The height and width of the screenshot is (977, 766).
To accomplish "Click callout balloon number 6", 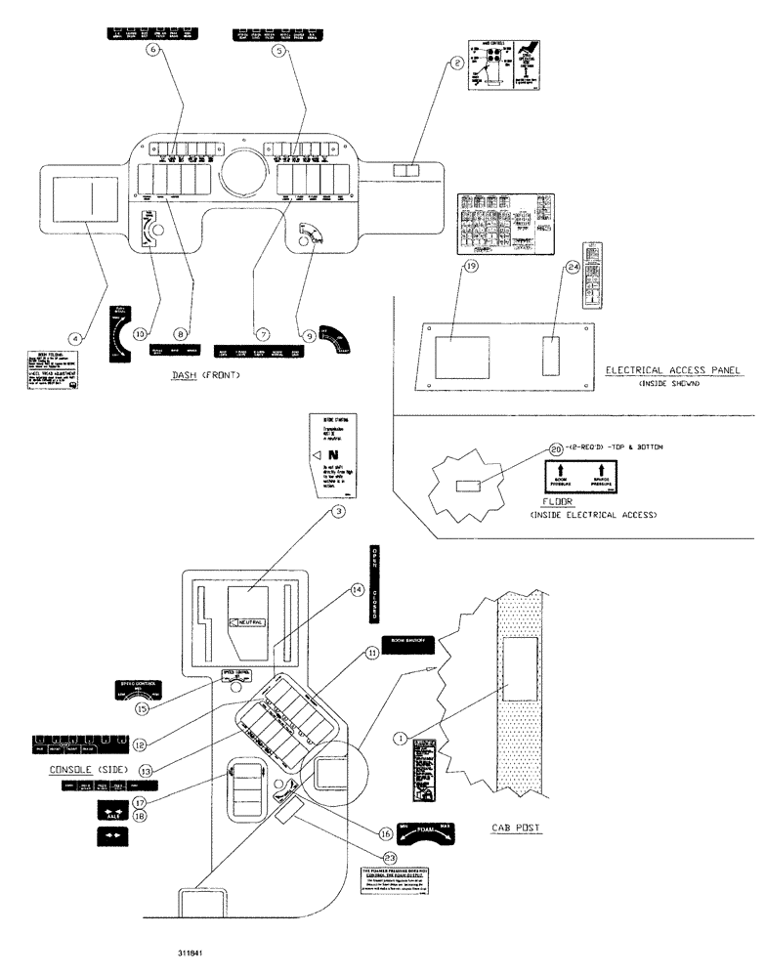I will point(152,51).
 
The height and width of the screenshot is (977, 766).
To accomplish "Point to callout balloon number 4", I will point(81,337).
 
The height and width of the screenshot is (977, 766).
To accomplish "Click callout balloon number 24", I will point(572,267).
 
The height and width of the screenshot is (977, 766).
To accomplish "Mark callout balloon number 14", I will point(358,590).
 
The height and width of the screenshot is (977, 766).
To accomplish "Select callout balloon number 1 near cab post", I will point(399,740).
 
